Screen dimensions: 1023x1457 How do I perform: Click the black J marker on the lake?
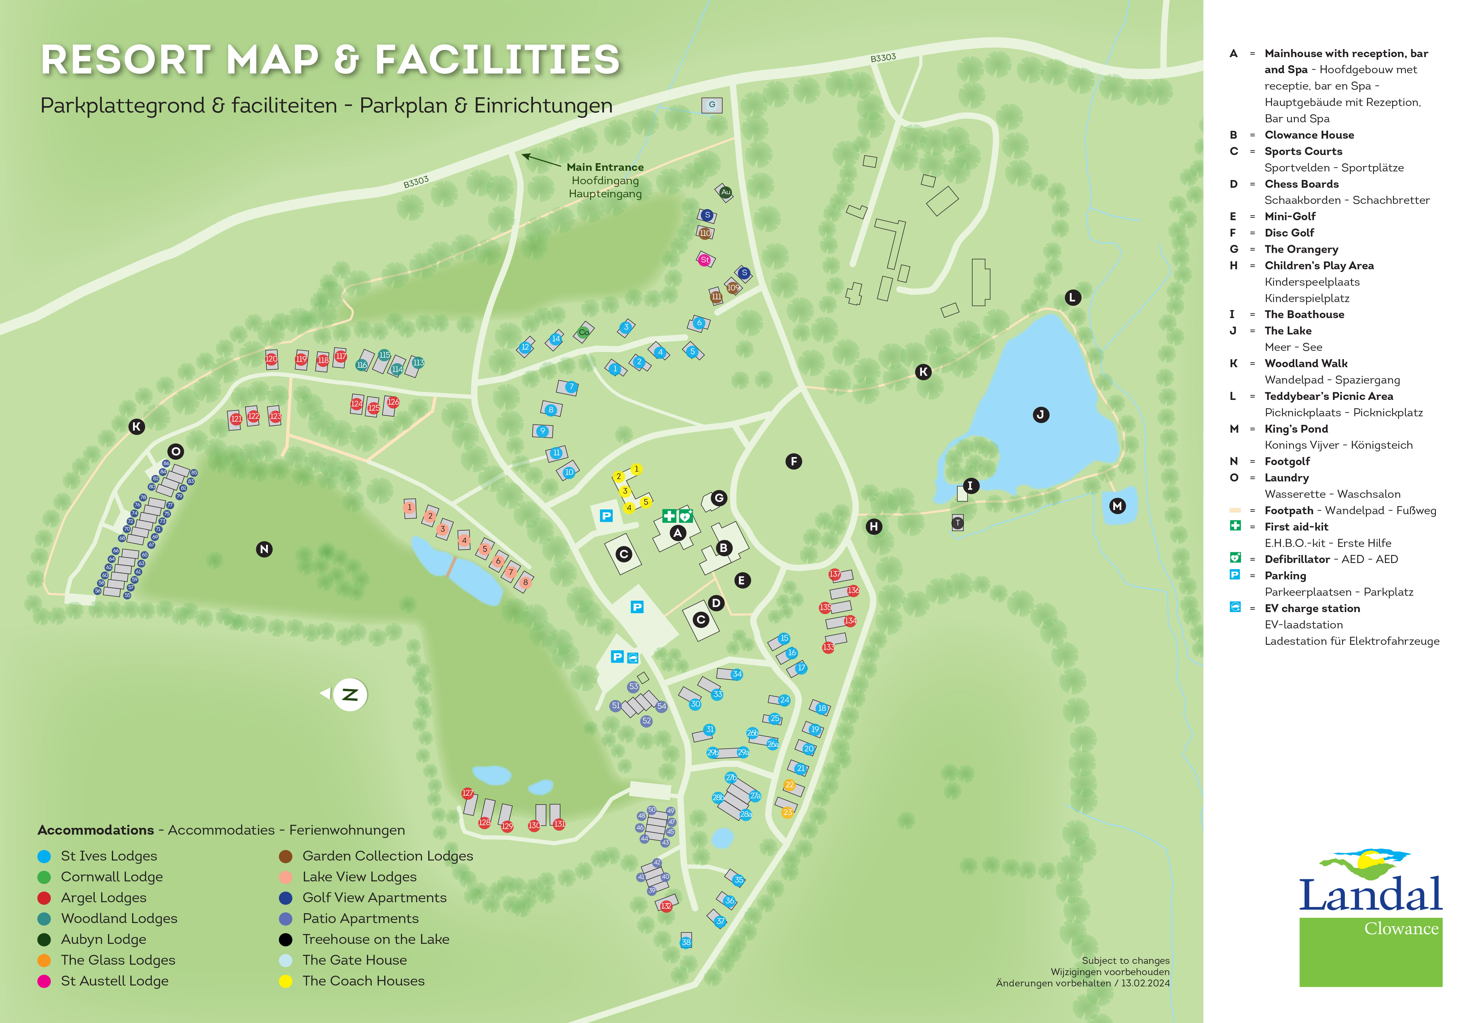tap(1041, 415)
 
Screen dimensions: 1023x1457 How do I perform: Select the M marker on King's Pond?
tap(1117, 506)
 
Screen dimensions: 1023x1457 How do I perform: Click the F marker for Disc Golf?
tap(793, 462)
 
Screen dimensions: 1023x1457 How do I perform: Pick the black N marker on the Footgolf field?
tap(264, 549)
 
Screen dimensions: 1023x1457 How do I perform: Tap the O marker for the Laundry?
tap(176, 451)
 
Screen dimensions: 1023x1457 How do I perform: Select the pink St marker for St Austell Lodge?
tap(704, 259)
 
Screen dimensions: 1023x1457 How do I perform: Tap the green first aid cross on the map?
tap(669, 515)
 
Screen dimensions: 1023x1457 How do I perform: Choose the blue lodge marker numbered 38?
tap(686, 942)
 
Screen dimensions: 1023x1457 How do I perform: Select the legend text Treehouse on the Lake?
tap(376, 939)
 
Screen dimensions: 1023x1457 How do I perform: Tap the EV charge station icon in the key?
tap(1235, 607)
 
